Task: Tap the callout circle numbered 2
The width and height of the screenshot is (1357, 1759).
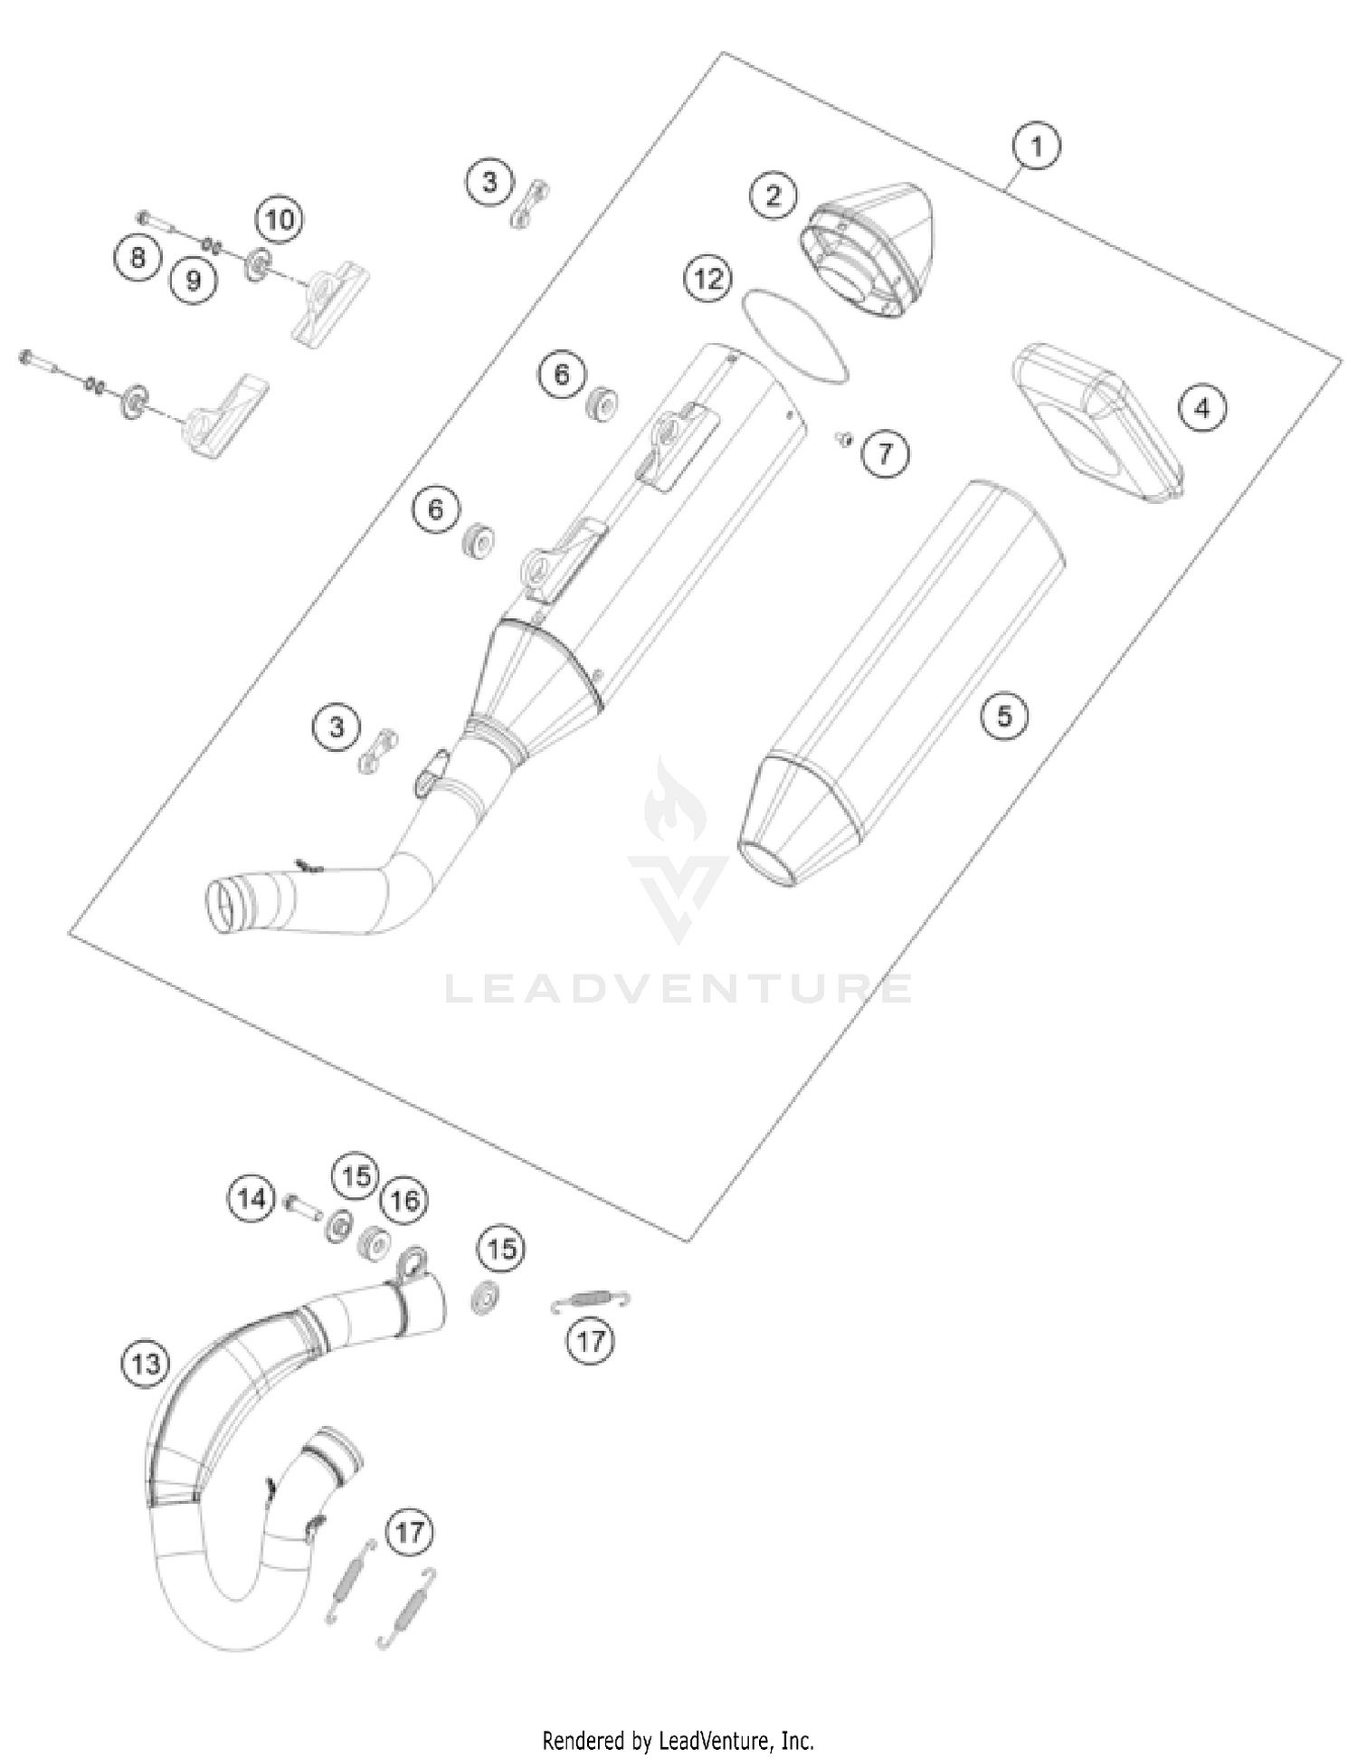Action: click(x=773, y=195)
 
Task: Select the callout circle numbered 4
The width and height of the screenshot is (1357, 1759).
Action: click(x=1202, y=408)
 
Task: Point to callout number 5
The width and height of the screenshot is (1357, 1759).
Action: click(x=1004, y=716)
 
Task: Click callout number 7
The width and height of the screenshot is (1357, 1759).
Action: click(x=885, y=452)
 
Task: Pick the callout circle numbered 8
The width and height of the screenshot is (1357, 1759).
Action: click(x=138, y=257)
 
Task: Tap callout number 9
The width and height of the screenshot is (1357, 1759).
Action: click(x=194, y=280)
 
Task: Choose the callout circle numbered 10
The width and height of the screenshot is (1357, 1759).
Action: click(x=280, y=219)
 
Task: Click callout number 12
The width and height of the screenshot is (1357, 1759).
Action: click(x=708, y=278)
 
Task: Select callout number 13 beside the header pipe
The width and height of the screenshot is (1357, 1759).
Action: click(x=146, y=1363)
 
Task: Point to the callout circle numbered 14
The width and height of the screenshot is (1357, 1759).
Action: click(x=251, y=1199)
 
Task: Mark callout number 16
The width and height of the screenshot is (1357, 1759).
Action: click(x=403, y=1201)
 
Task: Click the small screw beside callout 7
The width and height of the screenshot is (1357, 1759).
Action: click(x=844, y=439)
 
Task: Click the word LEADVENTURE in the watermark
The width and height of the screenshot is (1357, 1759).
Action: click(x=678, y=989)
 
